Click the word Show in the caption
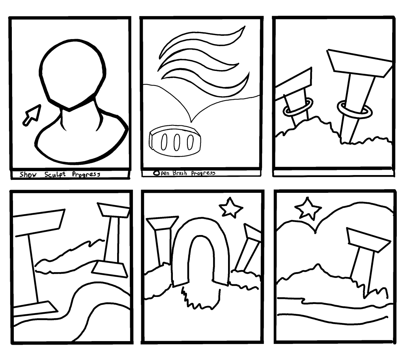pyautogui.click(x=28, y=174)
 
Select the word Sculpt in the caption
pyautogui.click(x=55, y=174)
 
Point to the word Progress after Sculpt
pyautogui.click(x=86, y=174)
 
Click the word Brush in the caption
pyautogui.click(x=180, y=173)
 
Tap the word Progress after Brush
pyautogui.click(x=203, y=173)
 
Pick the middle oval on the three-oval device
pyautogui.click(x=176, y=142)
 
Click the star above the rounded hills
pyautogui.click(x=308, y=209)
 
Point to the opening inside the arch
pyautogui.click(x=202, y=257)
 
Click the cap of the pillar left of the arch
pyautogui.click(x=162, y=223)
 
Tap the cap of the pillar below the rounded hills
pyautogui.click(x=368, y=240)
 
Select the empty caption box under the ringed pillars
pyautogui.click(x=334, y=173)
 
